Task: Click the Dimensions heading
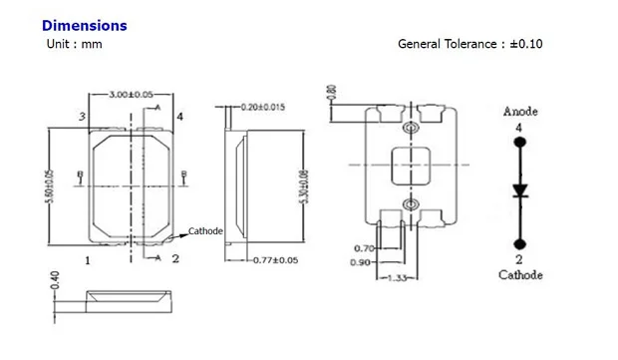tap(85, 26)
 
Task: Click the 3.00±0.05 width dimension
tap(131, 95)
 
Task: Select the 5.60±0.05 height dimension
tap(50, 186)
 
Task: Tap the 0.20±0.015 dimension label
tap(262, 107)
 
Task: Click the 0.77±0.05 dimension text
tap(275, 260)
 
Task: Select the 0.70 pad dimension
tap(364, 248)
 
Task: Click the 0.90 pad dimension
tap(360, 262)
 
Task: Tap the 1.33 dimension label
tap(397, 278)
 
